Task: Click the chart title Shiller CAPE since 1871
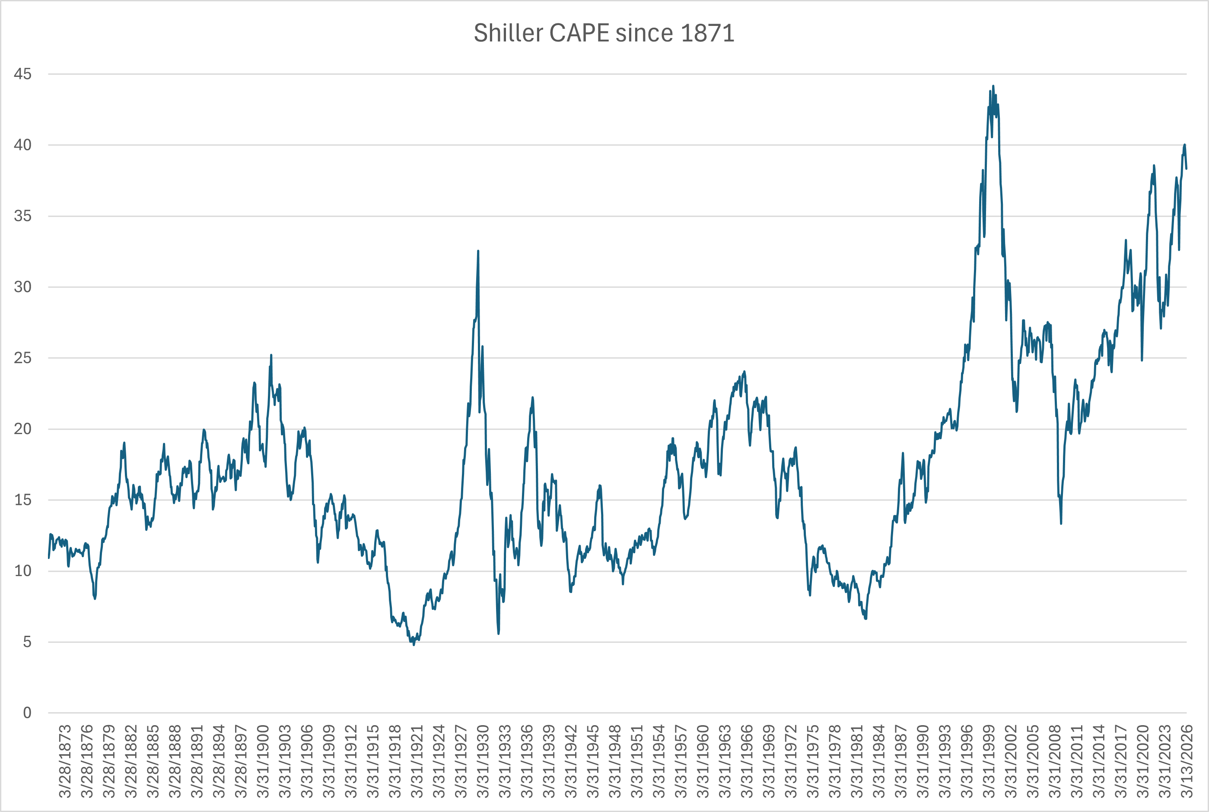tap(604, 33)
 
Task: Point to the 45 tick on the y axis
tap(22, 74)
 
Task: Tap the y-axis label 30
tap(22, 287)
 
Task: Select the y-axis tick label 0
tap(27, 713)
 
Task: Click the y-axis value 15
tap(22, 500)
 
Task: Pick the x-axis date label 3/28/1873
tap(65, 761)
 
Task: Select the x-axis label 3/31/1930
tap(482, 761)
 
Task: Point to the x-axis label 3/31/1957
tap(680, 761)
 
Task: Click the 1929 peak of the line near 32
tap(478, 251)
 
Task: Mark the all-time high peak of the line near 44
tap(993, 86)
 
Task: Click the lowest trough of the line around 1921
tap(414, 644)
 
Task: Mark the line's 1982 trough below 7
tap(865, 619)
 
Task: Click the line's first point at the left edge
tap(49, 558)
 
